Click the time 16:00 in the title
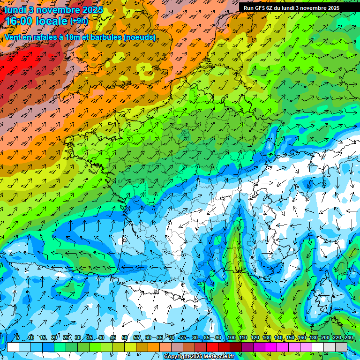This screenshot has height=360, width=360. click(x=20, y=21)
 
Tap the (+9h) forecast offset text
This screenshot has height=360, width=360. click(x=79, y=21)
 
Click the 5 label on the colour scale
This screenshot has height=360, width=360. click(x=17, y=338)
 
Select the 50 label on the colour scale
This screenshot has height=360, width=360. click(x=125, y=338)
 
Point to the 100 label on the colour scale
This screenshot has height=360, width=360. click(x=231, y=338)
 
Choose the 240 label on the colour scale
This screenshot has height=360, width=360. click(x=348, y=338)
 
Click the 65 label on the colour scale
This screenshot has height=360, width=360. click(x=160, y=338)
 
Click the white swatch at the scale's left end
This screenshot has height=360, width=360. click(x=13, y=347)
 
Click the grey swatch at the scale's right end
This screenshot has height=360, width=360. click(x=341, y=347)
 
